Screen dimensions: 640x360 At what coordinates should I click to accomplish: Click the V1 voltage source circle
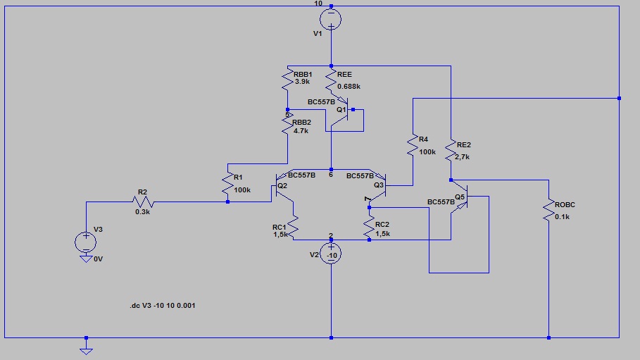point(331,19)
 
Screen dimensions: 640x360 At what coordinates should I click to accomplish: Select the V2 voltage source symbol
point(331,254)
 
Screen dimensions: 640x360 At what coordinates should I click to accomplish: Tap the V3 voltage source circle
point(86,242)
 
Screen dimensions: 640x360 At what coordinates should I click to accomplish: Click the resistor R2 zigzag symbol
point(143,202)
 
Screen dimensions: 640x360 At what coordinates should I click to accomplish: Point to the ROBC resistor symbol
point(548,211)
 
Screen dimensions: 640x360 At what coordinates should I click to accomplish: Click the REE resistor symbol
point(331,80)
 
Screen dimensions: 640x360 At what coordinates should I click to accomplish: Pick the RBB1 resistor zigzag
point(288,80)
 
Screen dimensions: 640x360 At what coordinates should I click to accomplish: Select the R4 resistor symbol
point(413,145)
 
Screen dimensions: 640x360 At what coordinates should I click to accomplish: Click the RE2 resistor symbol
point(451,150)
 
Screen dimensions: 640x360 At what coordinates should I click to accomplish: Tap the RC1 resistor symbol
point(293,226)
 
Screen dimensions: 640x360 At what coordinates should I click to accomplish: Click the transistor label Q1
point(341,110)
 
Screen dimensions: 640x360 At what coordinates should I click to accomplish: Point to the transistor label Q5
point(460,197)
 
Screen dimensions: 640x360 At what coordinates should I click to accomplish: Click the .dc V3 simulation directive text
point(163,305)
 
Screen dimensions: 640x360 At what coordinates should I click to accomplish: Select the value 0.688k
point(349,87)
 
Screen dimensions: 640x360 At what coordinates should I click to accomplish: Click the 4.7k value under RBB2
point(301,131)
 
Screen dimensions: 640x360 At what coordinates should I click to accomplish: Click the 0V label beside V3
point(99,259)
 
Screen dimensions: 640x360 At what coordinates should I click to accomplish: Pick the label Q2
point(282,186)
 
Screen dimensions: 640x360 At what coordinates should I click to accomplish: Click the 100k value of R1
point(242,190)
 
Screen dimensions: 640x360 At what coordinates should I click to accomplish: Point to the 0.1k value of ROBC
point(562,216)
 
